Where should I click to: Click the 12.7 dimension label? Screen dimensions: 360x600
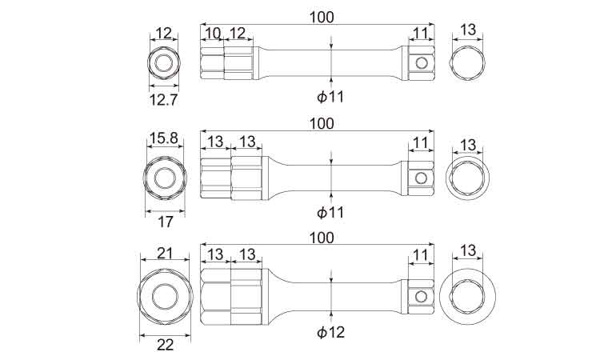tap(162, 100)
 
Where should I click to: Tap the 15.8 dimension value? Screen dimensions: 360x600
tap(163, 139)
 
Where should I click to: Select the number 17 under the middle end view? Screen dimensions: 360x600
tap(165, 222)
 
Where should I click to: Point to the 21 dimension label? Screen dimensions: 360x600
tap(165, 254)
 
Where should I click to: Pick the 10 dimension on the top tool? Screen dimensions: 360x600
tap(211, 33)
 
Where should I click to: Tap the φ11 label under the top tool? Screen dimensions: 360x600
tap(330, 97)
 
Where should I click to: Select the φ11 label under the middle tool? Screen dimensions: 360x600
tap(330, 213)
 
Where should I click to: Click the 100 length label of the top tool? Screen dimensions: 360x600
tap(321, 16)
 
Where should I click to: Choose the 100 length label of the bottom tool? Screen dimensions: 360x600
tap(321, 238)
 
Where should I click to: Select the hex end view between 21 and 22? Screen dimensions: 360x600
tap(165, 296)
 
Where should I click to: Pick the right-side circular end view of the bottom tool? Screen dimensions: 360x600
tap(468, 296)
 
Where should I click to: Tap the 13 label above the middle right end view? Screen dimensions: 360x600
tap(469, 146)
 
